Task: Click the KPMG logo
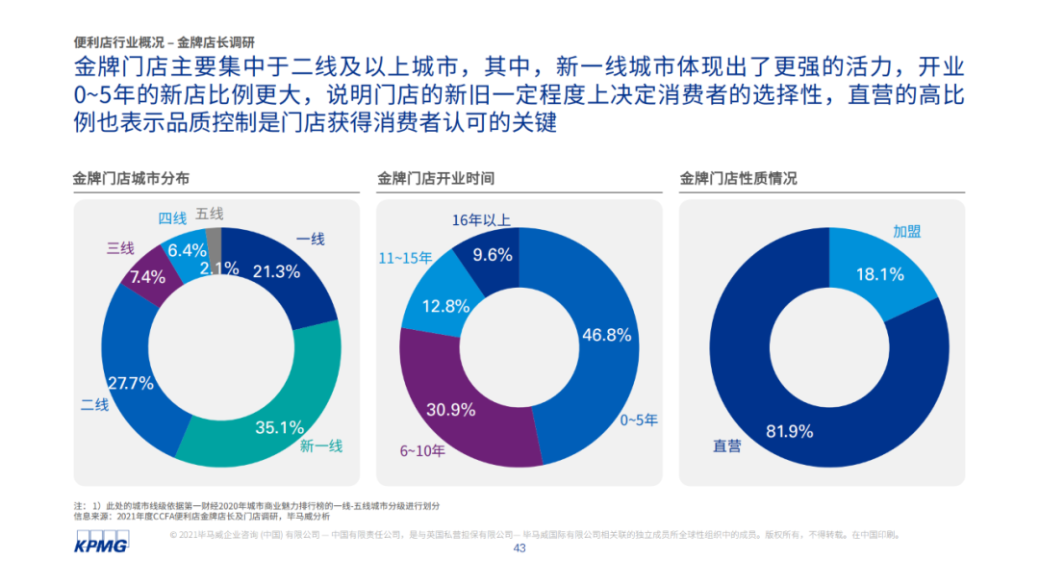coord(99,545)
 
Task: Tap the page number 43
coord(519,549)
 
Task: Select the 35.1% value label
coord(280,426)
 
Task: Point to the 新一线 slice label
coord(320,445)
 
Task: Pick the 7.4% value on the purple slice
coord(148,277)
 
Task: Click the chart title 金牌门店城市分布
coord(131,179)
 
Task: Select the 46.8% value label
coord(606,335)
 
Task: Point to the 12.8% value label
coord(445,306)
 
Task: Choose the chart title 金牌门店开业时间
coord(436,179)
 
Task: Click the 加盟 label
coord(906,231)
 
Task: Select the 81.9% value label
coord(790,430)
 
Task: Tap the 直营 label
coord(726,445)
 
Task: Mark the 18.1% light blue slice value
coord(880,274)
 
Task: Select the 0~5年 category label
coord(639,420)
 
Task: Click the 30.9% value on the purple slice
coord(451,409)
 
